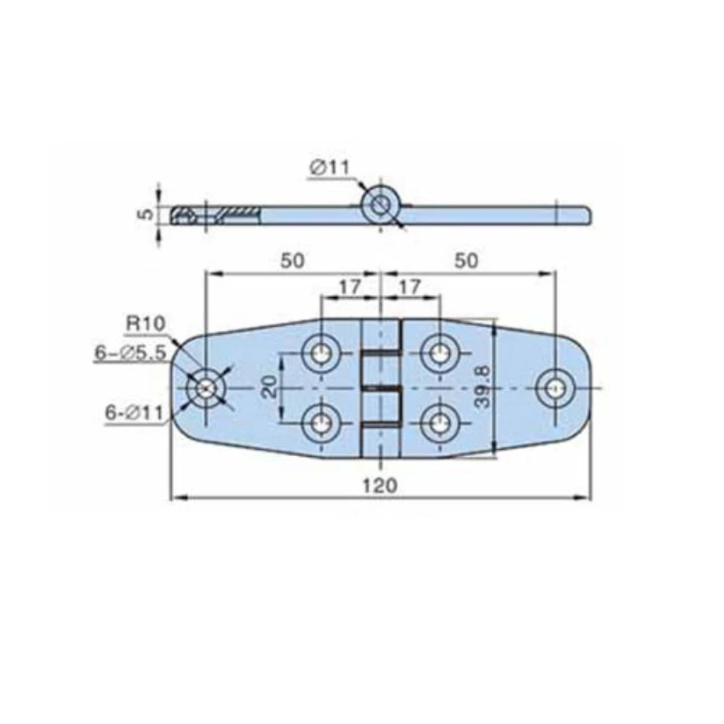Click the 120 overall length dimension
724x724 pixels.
coord(379,486)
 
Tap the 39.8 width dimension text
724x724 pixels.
coord(482,387)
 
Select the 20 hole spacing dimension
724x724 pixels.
coord(269,387)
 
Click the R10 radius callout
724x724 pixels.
coord(146,323)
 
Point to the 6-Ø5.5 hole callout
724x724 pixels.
coord(130,353)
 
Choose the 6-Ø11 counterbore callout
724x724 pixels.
coord(134,413)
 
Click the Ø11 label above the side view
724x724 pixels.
coord(330,167)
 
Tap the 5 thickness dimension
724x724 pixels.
coord(146,214)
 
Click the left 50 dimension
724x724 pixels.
coord(292,261)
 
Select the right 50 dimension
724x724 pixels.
coord(466,261)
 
